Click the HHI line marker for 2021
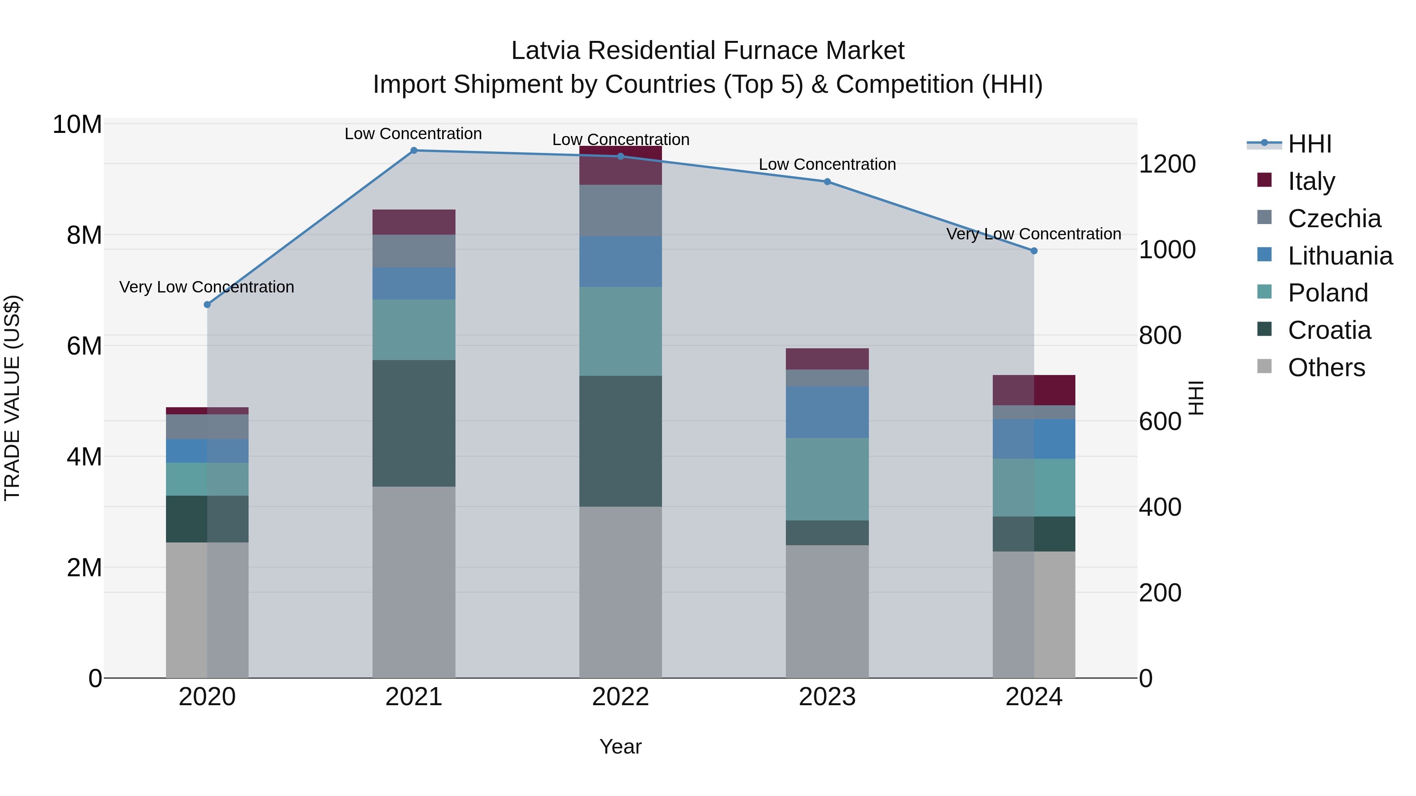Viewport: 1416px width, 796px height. click(414, 151)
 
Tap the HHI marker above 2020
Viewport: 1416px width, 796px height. click(207, 304)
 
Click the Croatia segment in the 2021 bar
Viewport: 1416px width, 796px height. click(414, 423)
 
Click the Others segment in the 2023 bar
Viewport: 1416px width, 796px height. click(827, 611)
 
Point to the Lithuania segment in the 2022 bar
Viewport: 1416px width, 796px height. click(621, 261)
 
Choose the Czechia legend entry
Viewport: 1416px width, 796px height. click(1333, 219)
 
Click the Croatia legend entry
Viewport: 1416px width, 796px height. click(1329, 330)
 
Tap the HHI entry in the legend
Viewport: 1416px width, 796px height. click(1309, 144)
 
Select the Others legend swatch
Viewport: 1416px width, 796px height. click(1264, 366)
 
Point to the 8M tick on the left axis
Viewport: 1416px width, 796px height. click(84, 235)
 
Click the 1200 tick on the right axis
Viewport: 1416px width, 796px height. click(1167, 164)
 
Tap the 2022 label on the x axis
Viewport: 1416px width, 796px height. click(621, 697)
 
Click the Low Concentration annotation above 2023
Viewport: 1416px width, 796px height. click(827, 164)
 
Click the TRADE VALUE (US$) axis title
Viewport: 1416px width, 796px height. click(13, 398)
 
